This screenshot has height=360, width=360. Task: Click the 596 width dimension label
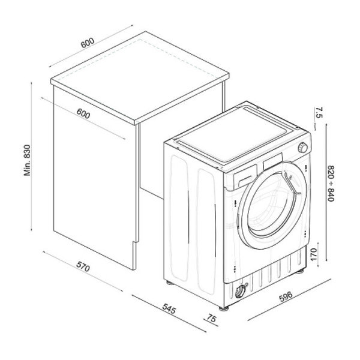[286, 296]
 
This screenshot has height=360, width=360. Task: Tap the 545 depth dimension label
[169, 308]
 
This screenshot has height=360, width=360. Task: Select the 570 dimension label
[83, 266]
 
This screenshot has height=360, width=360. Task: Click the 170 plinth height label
[313, 254]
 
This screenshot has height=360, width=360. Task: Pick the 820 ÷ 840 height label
[331, 183]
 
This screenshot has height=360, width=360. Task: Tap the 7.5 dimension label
[319, 112]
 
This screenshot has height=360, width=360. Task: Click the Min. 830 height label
[27, 160]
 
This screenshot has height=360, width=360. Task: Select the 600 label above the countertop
[88, 43]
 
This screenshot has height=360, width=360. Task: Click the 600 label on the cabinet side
[83, 113]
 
